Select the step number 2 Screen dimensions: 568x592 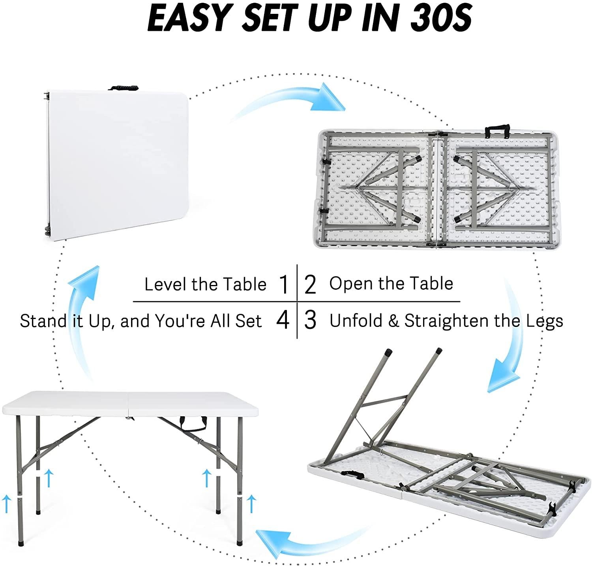pyautogui.click(x=310, y=285)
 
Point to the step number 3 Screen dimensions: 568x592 pyautogui.click(x=310, y=321)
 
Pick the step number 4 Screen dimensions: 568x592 pyautogui.click(x=283, y=321)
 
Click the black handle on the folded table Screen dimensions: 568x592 pyautogui.click(x=124, y=88)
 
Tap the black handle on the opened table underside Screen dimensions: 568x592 pyautogui.click(x=497, y=131)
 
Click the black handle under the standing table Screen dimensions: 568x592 pyautogui.click(x=194, y=423)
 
